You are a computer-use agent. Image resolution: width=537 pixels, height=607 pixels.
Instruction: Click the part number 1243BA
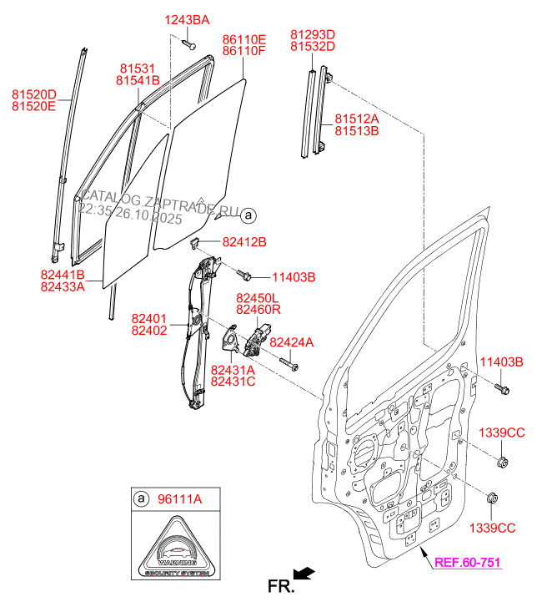187,19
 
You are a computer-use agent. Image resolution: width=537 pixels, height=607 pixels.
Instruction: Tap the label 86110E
243,39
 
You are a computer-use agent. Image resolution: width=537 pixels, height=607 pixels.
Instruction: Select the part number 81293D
313,34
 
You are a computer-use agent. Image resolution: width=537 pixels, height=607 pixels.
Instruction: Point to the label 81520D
33,94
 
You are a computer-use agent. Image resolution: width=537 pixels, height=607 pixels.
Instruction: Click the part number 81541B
138,81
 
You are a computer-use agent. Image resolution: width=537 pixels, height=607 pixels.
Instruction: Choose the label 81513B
357,131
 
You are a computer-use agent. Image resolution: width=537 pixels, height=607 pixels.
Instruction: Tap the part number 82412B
244,242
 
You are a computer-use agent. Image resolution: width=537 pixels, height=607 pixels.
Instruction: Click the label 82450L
258,298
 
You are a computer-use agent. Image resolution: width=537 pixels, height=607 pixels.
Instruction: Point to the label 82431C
233,381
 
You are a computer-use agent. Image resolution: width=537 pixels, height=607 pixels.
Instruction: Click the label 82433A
63,286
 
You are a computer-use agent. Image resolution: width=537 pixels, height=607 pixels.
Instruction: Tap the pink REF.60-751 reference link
467,563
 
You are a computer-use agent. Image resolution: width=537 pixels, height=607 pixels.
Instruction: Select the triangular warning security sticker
176,549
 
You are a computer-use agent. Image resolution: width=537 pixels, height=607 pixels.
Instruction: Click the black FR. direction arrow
304,573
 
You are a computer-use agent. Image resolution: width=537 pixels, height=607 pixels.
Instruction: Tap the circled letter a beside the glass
248,215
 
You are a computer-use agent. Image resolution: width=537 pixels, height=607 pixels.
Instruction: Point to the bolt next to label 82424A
289,363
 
